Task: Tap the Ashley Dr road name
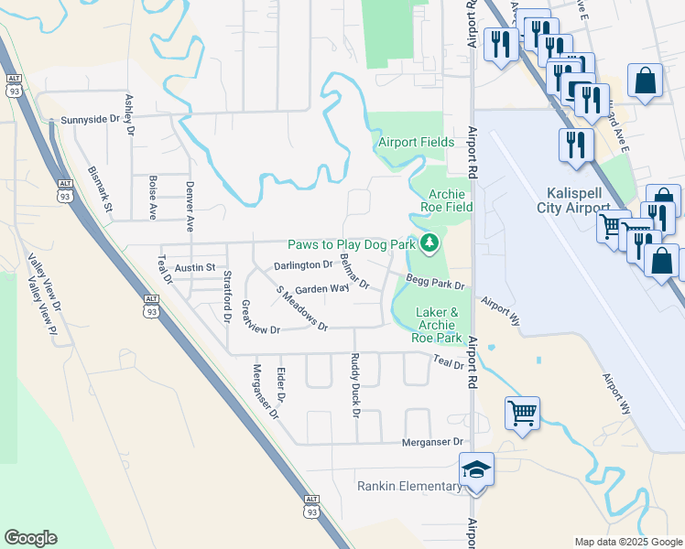tap(130, 115)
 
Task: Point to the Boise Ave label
tap(153, 197)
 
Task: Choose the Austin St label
tap(195, 267)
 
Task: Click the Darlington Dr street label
tap(304, 265)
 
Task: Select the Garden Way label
tap(322, 288)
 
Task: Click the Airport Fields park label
tap(417, 143)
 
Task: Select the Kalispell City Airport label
tap(584, 200)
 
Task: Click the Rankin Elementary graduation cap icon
tap(476, 469)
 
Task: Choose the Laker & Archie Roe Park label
tap(436, 325)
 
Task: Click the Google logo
tap(30, 537)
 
